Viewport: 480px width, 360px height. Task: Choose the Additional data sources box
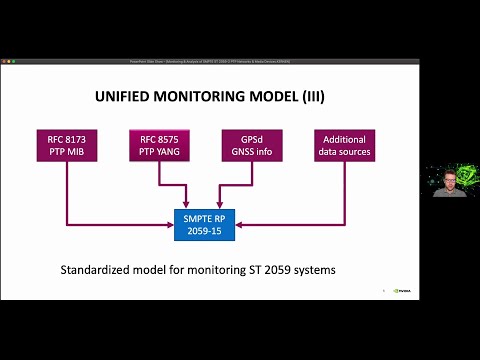point(343,145)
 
